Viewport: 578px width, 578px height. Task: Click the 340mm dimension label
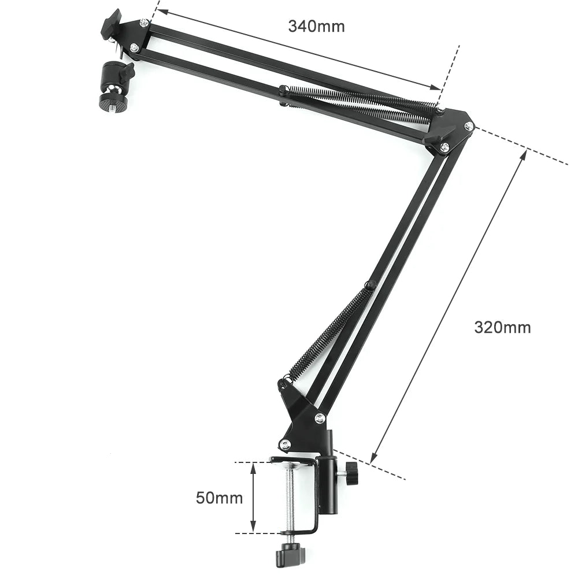316,26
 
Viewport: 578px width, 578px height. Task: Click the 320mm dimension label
502,327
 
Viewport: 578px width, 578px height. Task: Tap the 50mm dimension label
219,497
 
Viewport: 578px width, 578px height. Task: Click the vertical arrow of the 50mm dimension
253,497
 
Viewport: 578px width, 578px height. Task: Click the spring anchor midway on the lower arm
369,284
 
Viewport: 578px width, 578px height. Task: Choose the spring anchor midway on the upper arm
283,92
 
